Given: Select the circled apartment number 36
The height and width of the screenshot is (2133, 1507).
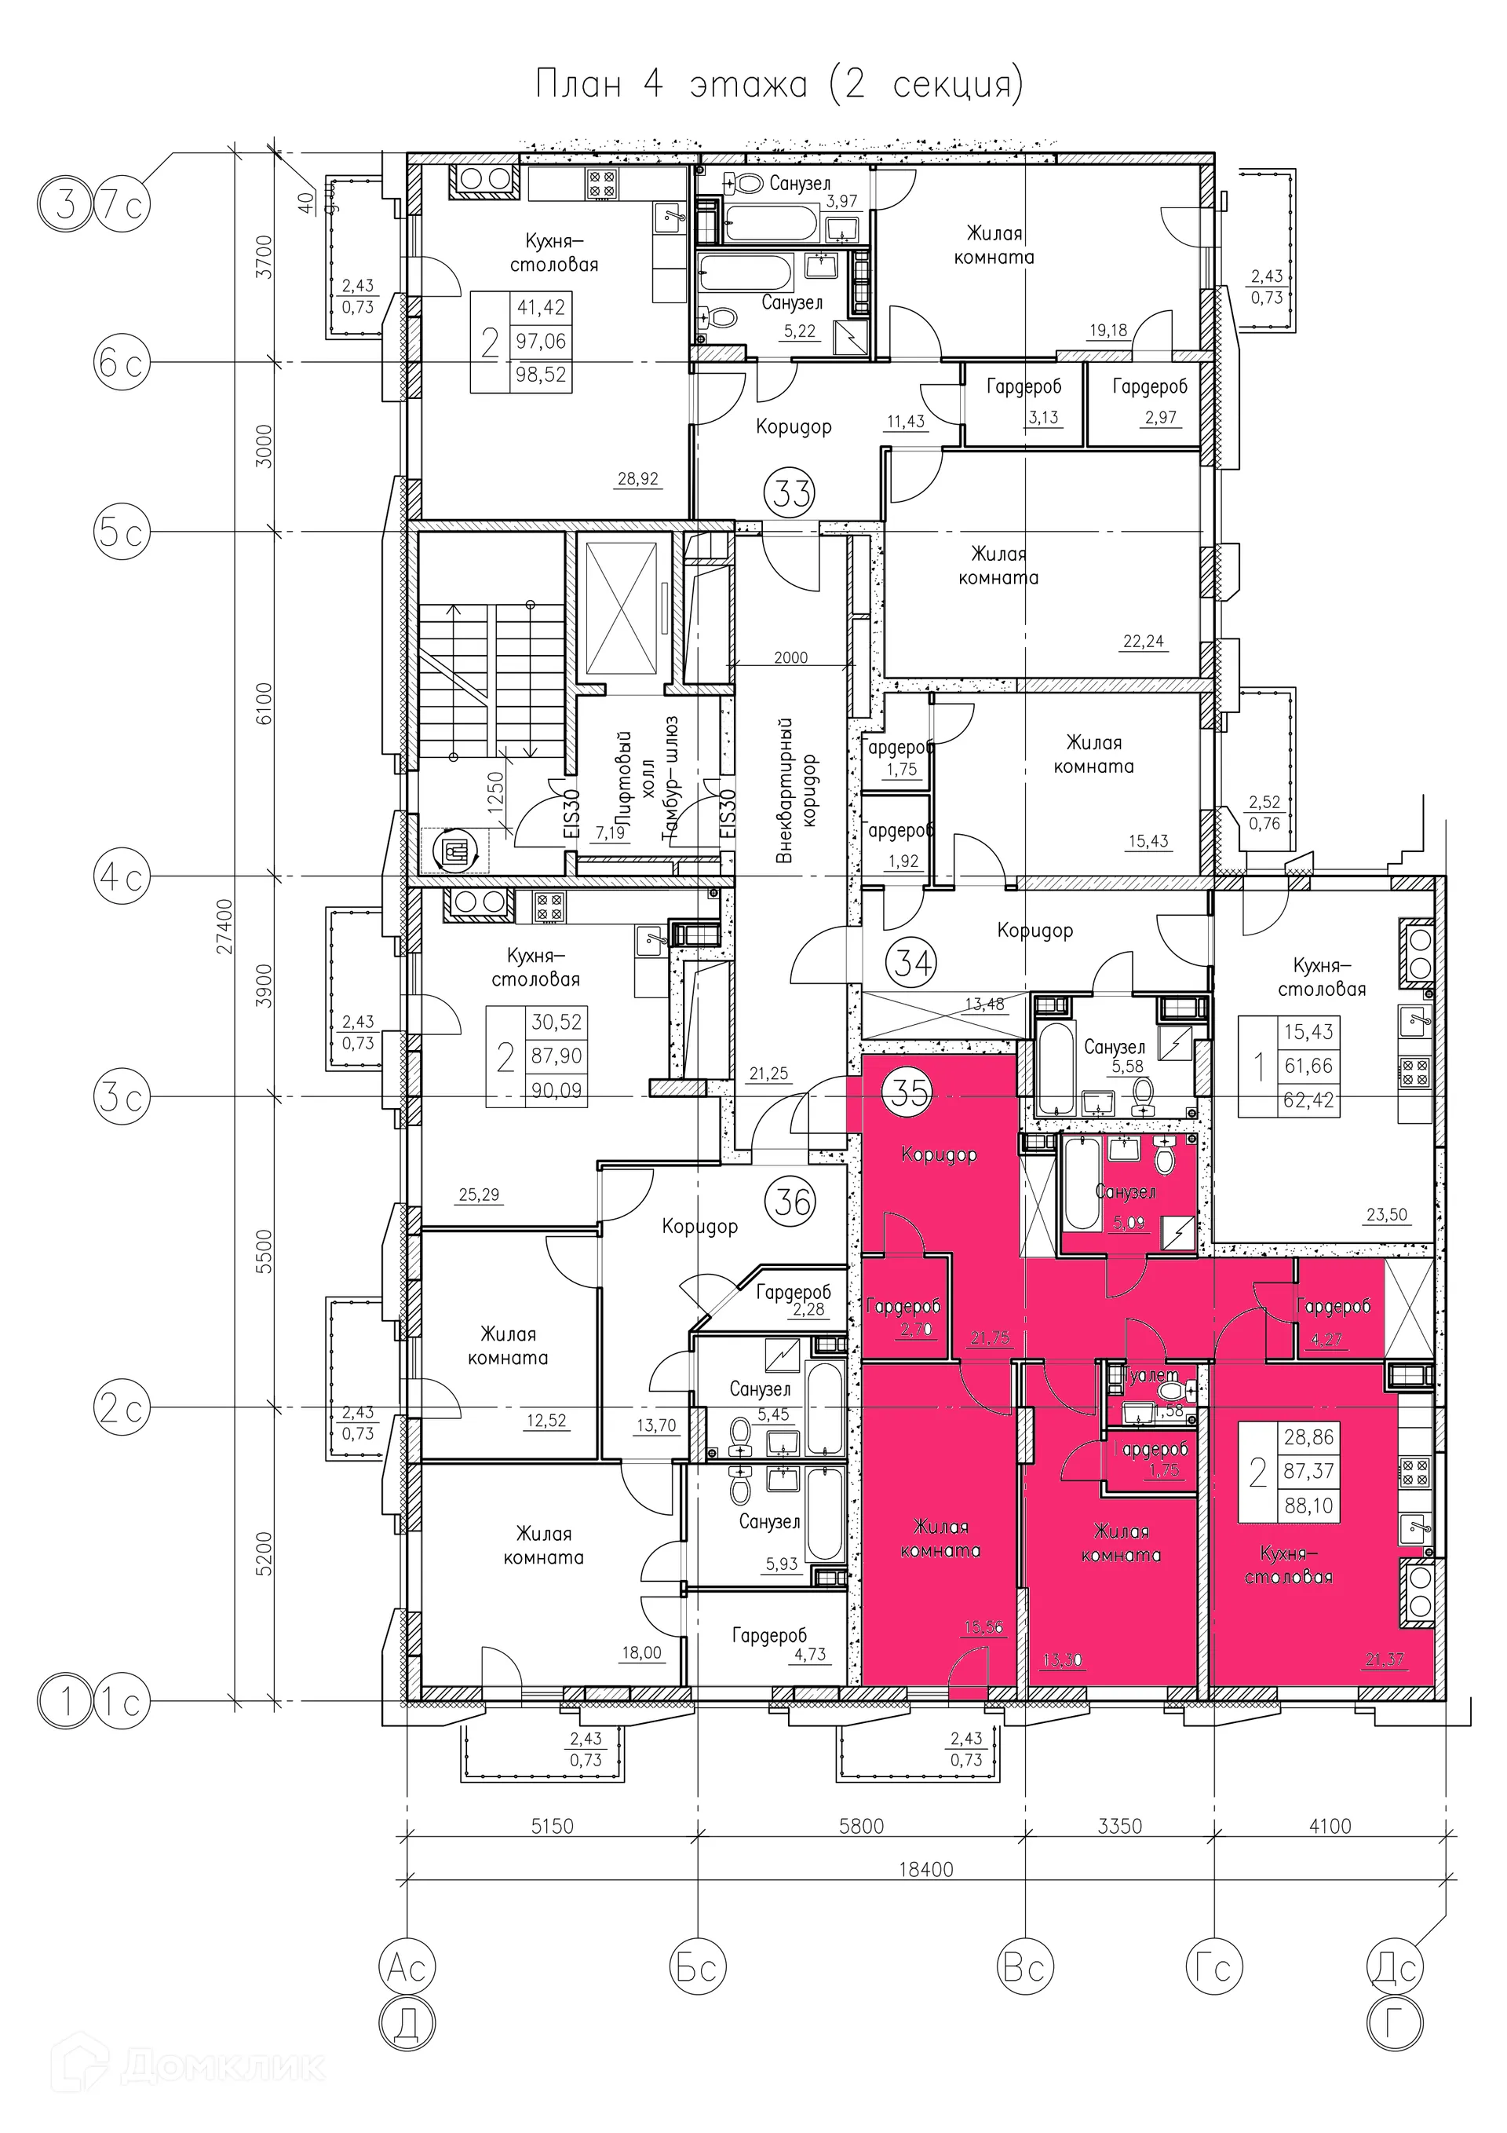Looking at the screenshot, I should [793, 1202].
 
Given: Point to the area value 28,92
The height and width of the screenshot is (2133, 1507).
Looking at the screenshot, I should [637, 479].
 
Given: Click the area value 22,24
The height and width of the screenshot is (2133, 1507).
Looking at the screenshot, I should [1143, 641].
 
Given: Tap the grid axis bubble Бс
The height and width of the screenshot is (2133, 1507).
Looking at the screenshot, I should [697, 1967].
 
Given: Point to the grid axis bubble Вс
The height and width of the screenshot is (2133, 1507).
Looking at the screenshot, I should [1024, 1967].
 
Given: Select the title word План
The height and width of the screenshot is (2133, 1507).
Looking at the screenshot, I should [578, 85].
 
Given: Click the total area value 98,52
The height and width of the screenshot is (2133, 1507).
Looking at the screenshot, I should [541, 375].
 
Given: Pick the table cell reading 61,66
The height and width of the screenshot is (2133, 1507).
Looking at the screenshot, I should [1308, 1066].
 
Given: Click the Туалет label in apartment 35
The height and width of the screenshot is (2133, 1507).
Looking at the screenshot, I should [1151, 1376].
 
